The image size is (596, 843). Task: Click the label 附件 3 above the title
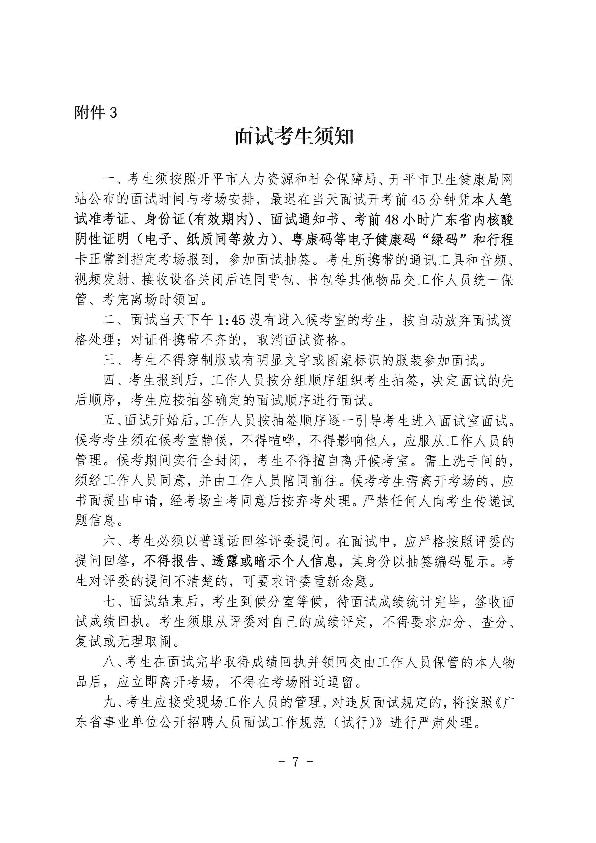point(95,112)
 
